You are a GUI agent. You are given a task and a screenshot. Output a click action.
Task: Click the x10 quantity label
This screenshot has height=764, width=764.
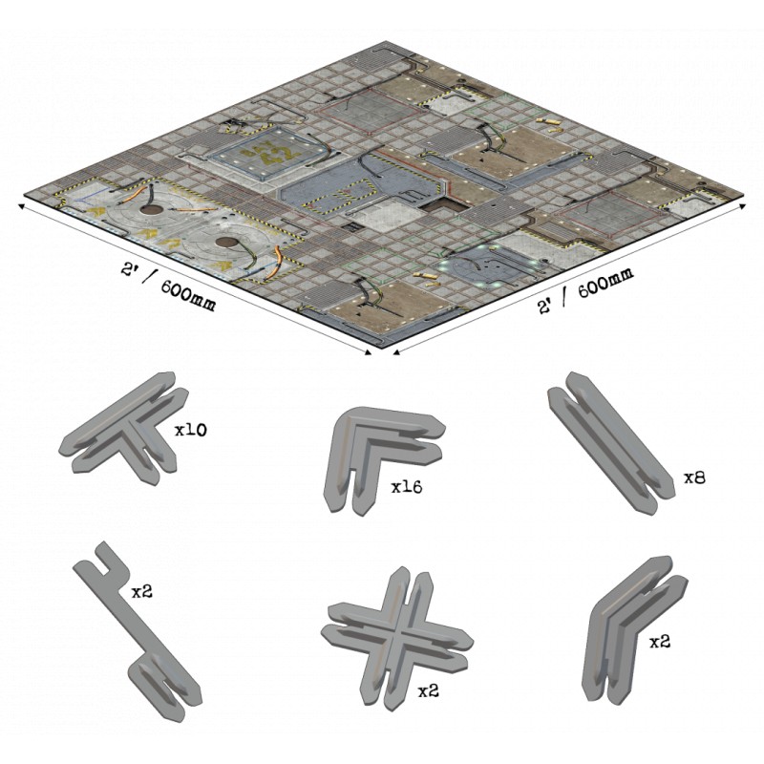click(x=191, y=430)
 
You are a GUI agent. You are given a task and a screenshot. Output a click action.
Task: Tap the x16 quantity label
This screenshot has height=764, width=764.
click(x=407, y=486)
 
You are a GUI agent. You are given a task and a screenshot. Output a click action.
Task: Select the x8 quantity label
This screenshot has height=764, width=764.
click(x=694, y=478)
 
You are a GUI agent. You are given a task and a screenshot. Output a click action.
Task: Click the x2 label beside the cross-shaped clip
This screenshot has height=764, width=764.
click(x=429, y=690)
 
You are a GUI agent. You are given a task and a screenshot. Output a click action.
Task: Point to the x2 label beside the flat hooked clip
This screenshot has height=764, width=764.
click(x=141, y=591)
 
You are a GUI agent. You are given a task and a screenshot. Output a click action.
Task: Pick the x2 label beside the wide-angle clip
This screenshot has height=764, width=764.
click(x=660, y=642)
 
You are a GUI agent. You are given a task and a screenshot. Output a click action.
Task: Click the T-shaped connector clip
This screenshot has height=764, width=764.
click(x=124, y=429)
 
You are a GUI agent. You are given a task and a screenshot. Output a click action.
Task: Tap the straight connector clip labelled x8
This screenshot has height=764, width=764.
click(x=611, y=441)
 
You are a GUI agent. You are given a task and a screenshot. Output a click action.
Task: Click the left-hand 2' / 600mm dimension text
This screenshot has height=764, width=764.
click(x=168, y=287)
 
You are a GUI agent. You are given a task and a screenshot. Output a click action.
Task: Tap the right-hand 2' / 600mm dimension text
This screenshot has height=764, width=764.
click(x=585, y=291)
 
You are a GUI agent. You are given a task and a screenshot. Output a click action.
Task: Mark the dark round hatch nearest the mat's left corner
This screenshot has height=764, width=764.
click(x=152, y=210)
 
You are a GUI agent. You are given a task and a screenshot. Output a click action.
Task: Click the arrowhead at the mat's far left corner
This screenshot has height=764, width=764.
click(x=22, y=205)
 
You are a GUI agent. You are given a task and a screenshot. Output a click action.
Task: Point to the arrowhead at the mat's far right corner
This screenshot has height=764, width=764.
click(x=742, y=206)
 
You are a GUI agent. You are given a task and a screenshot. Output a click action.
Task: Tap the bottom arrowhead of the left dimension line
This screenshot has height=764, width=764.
click(x=368, y=352)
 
